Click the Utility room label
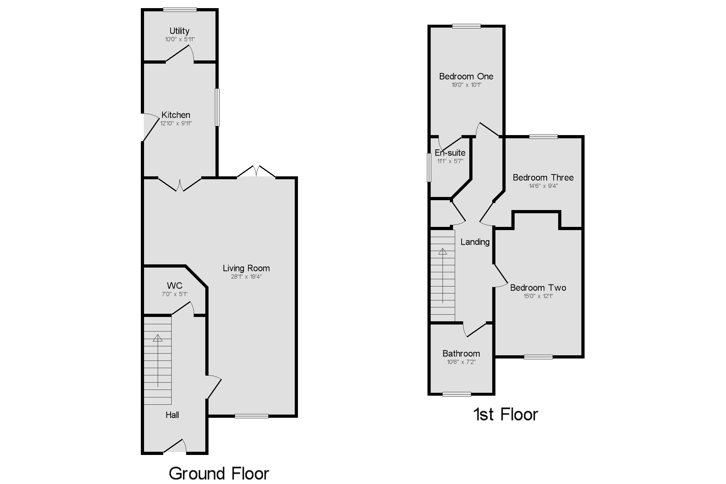[x=179, y=31]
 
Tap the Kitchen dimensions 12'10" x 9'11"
[x=176, y=123]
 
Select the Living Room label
[x=246, y=268]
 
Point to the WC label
[x=174, y=286]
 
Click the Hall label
[x=172, y=415]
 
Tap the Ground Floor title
[x=219, y=473]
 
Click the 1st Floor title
[x=506, y=414]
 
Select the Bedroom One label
[x=466, y=77]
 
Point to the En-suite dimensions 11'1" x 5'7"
[x=450, y=161]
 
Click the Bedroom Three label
[x=543, y=178]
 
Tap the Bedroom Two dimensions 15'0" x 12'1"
[x=538, y=296]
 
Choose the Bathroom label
[x=461, y=354]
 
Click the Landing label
[x=475, y=242]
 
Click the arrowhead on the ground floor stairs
[x=158, y=338]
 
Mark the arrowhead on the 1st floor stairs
[x=443, y=252]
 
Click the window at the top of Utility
[x=180, y=10]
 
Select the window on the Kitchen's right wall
[x=217, y=107]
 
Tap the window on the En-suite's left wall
[x=429, y=168]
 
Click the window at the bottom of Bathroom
[x=457, y=394]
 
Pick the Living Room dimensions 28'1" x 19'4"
[x=246, y=277]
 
